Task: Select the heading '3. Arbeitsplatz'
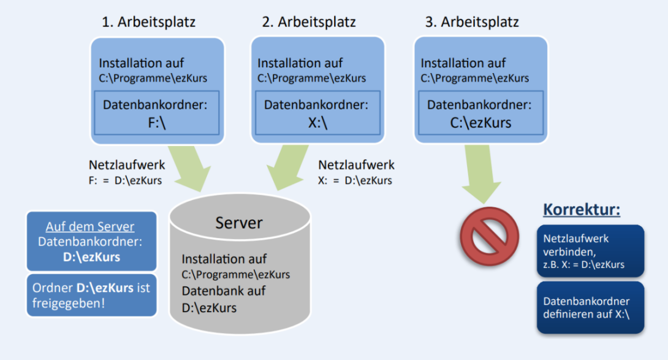click(472, 22)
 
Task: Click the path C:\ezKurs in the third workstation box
click(480, 123)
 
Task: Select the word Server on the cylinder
click(239, 222)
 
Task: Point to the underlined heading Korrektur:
click(582, 210)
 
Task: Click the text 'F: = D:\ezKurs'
click(126, 180)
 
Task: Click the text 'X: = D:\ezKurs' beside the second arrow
click(356, 180)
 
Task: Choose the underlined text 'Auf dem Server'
click(90, 226)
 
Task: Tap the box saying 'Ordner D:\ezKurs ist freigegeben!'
click(91, 295)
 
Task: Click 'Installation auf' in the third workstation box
click(463, 63)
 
